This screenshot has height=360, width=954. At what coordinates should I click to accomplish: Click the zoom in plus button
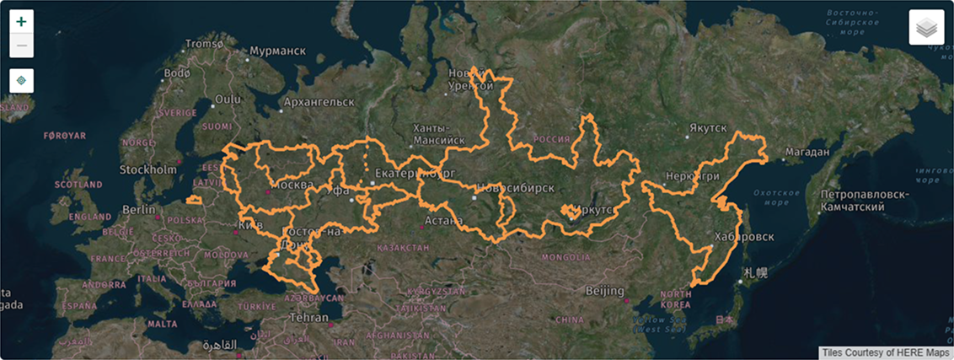[x=21, y=21]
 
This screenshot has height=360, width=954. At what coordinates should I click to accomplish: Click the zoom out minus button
[x=21, y=46]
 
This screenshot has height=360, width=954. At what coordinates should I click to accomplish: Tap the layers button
[x=926, y=28]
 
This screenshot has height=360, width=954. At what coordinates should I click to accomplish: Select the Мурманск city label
[x=276, y=51]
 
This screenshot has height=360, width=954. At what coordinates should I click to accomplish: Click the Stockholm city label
[x=147, y=169]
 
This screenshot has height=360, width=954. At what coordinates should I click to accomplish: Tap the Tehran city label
[x=308, y=318]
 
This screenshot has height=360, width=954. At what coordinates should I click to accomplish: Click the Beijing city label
[x=605, y=291]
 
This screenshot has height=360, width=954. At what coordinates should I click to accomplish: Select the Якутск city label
[x=706, y=127]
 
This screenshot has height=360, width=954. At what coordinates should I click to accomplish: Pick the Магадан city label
[x=807, y=152]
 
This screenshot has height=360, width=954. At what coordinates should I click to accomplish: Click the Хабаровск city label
[x=743, y=237]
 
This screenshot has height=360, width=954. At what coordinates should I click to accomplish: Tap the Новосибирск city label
[x=515, y=187]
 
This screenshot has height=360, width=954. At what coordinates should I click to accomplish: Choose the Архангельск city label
[x=318, y=102]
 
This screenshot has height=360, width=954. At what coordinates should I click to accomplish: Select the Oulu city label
[x=228, y=99]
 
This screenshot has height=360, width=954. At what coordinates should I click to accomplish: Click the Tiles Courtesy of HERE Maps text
[x=885, y=352]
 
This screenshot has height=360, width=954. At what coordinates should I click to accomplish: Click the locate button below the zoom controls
[x=21, y=80]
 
